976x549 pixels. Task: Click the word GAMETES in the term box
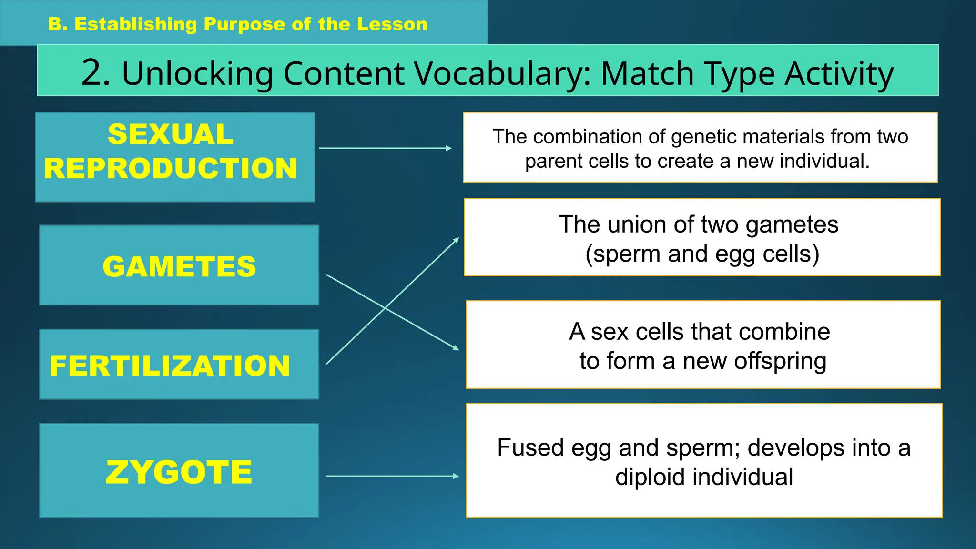(x=179, y=266)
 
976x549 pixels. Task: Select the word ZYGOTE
(x=179, y=472)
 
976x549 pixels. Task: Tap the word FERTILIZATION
(x=170, y=366)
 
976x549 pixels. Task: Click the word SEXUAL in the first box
(x=171, y=134)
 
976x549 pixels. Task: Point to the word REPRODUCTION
(x=171, y=168)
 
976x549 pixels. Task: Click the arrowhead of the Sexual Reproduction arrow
(x=449, y=148)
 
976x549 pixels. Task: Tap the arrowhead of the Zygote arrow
(x=456, y=476)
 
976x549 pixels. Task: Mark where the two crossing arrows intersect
(x=385, y=308)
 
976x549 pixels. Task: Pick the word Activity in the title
(x=839, y=74)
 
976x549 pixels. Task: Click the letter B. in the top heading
(x=58, y=24)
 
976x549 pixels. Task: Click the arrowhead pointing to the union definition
(x=457, y=240)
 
